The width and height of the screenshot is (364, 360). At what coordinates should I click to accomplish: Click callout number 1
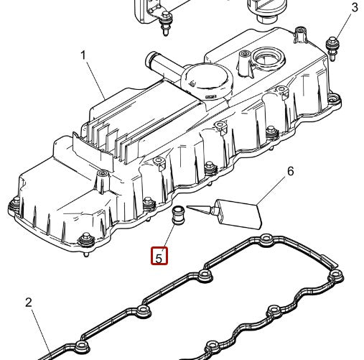(83, 55)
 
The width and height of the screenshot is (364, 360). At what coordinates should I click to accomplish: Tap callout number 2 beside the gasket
(29, 303)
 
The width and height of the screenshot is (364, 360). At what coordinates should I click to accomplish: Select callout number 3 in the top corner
(354, 8)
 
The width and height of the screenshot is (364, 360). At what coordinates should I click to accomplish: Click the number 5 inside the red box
(159, 255)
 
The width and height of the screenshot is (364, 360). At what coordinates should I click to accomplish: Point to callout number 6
(291, 172)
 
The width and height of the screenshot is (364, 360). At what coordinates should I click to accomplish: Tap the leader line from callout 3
(343, 25)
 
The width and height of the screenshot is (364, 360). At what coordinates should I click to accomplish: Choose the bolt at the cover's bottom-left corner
(85, 241)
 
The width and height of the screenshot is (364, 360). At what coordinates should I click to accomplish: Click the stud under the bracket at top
(165, 27)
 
